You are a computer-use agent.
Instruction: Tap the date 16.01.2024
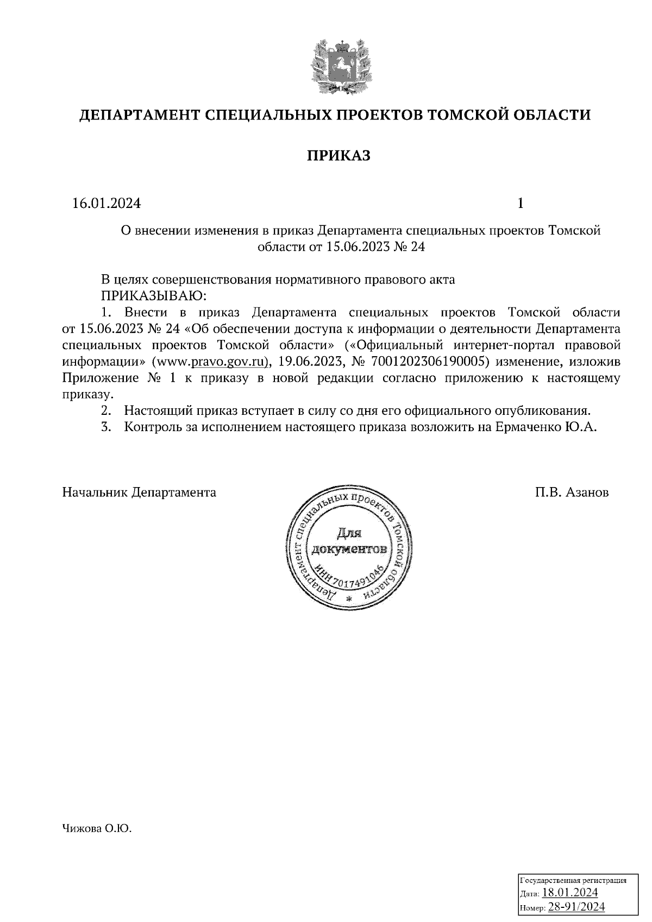[x=106, y=204]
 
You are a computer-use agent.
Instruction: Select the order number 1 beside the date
[x=521, y=204]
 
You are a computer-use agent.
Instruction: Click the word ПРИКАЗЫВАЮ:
[x=153, y=296]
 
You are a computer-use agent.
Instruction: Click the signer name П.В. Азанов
[x=572, y=492]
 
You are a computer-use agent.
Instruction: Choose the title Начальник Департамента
[x=140, y=492]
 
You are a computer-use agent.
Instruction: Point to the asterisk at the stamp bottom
[x=349, y=598]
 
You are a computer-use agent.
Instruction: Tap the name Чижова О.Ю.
[x=98, y=829]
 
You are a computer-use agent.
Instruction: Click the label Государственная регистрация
[x=574, y=880]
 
